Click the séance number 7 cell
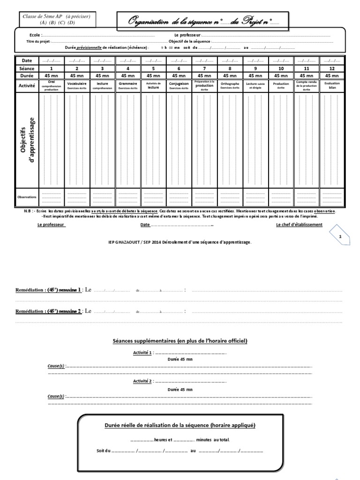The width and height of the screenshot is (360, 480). coord(204,68)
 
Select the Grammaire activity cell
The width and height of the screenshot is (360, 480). coord(128,85)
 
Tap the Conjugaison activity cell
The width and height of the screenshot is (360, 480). coord(179,85)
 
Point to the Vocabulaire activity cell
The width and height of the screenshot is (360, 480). coord(77,85)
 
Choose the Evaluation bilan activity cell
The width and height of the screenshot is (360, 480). coord(332,85)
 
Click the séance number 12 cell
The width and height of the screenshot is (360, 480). coord(332,68)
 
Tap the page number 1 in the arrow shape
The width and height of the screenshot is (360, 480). coord(340,237)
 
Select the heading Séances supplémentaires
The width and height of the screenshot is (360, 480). coord(180,340)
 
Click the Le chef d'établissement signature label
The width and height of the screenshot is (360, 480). coord(299,225)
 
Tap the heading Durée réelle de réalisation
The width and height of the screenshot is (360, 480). coord(180,425)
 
